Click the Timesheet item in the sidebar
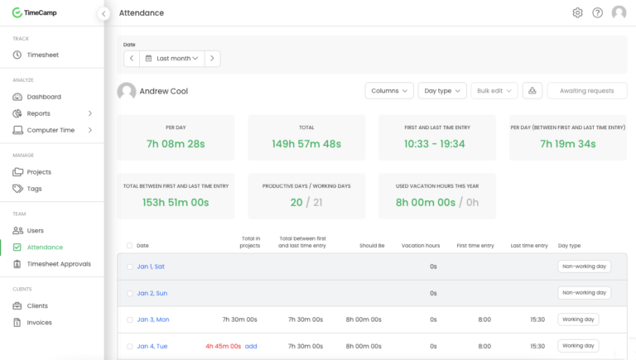(43, 55)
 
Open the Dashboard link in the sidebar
(44, 97)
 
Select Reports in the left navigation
(38, 113)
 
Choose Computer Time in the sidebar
(51, 130)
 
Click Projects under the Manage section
(39, 172)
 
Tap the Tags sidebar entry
(34, 189)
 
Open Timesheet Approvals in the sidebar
(59, 264)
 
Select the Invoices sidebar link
(39, 323)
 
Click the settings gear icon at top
(577, 12)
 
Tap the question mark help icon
(597, 12)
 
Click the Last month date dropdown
(172, 59)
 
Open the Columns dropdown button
(389, 90)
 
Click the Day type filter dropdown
(442, 90)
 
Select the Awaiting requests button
(586, 90)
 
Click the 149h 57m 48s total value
(306, 144)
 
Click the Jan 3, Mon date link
(153, 319)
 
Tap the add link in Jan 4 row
(251, 346)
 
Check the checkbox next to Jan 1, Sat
(129, 266)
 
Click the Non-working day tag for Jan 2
(585, 293)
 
